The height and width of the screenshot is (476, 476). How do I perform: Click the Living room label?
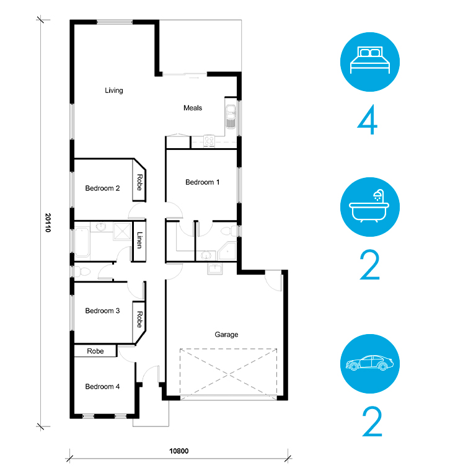tap(114, 90)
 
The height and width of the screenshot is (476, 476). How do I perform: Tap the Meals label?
tap(193, 108)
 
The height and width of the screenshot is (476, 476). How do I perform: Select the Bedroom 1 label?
tap(202, 182)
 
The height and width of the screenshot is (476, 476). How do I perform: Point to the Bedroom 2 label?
tap(102, 188)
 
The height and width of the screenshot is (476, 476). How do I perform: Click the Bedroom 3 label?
tap(102, 311)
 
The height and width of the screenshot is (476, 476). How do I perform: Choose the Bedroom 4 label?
tap(102, 387)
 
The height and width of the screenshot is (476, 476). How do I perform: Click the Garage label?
tap(226, 335)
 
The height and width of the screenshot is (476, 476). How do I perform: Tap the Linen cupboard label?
tap(139, 240)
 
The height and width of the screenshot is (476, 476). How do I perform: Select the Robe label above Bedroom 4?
tap(95, 351)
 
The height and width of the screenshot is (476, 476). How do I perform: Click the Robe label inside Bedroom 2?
tap(139, 182)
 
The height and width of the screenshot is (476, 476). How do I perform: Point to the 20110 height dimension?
tap(48, 223)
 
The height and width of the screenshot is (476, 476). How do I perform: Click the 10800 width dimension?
tap(178, 451)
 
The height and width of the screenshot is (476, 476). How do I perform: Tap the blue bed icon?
tap(370, 62)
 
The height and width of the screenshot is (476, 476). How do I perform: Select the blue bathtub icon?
tap(370, 207)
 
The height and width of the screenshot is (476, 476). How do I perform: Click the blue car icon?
tap(370, 364)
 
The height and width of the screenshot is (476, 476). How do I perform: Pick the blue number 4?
tap(368, 120)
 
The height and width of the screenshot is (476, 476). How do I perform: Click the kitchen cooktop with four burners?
tap(209, 141)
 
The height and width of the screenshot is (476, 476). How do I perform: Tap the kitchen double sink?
tap(231, 117)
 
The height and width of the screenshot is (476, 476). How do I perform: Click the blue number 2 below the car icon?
tap(372, 421)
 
